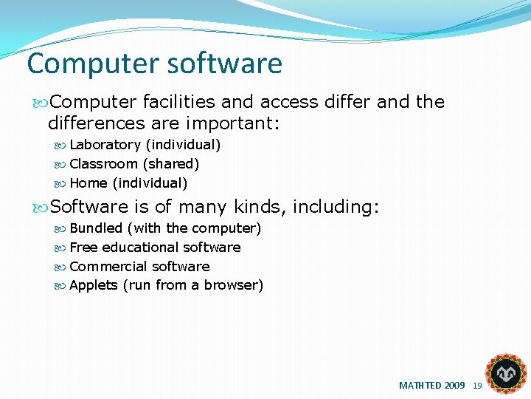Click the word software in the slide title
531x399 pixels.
(224, 64)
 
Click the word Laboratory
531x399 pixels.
(105, 145)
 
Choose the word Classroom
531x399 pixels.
(103, 164)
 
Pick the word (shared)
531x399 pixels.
(171, 164)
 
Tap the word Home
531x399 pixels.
(88, 183)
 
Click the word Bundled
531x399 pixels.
(96, 228)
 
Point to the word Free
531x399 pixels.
(83, 248)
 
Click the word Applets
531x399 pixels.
(94, 286)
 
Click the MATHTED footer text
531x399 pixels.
(431, 386)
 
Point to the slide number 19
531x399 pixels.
(477, 386)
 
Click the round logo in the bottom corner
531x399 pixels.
(507, 374)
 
